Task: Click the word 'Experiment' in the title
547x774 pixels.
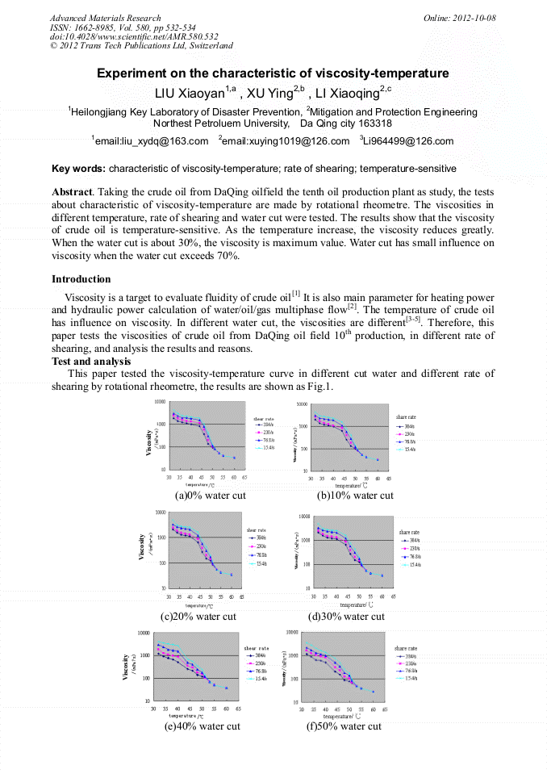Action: click(133, 73)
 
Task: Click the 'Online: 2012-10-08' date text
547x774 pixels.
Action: click(460, 18)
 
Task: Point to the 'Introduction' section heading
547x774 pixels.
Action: click(81, 279)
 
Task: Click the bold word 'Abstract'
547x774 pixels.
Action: click(73, 193)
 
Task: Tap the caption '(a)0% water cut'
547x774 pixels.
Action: click(210, 496)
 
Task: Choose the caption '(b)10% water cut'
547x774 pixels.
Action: click(355, 496)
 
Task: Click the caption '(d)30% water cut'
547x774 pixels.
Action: click(347, 617)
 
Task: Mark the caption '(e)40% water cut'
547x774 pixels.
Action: click(203, 726)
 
